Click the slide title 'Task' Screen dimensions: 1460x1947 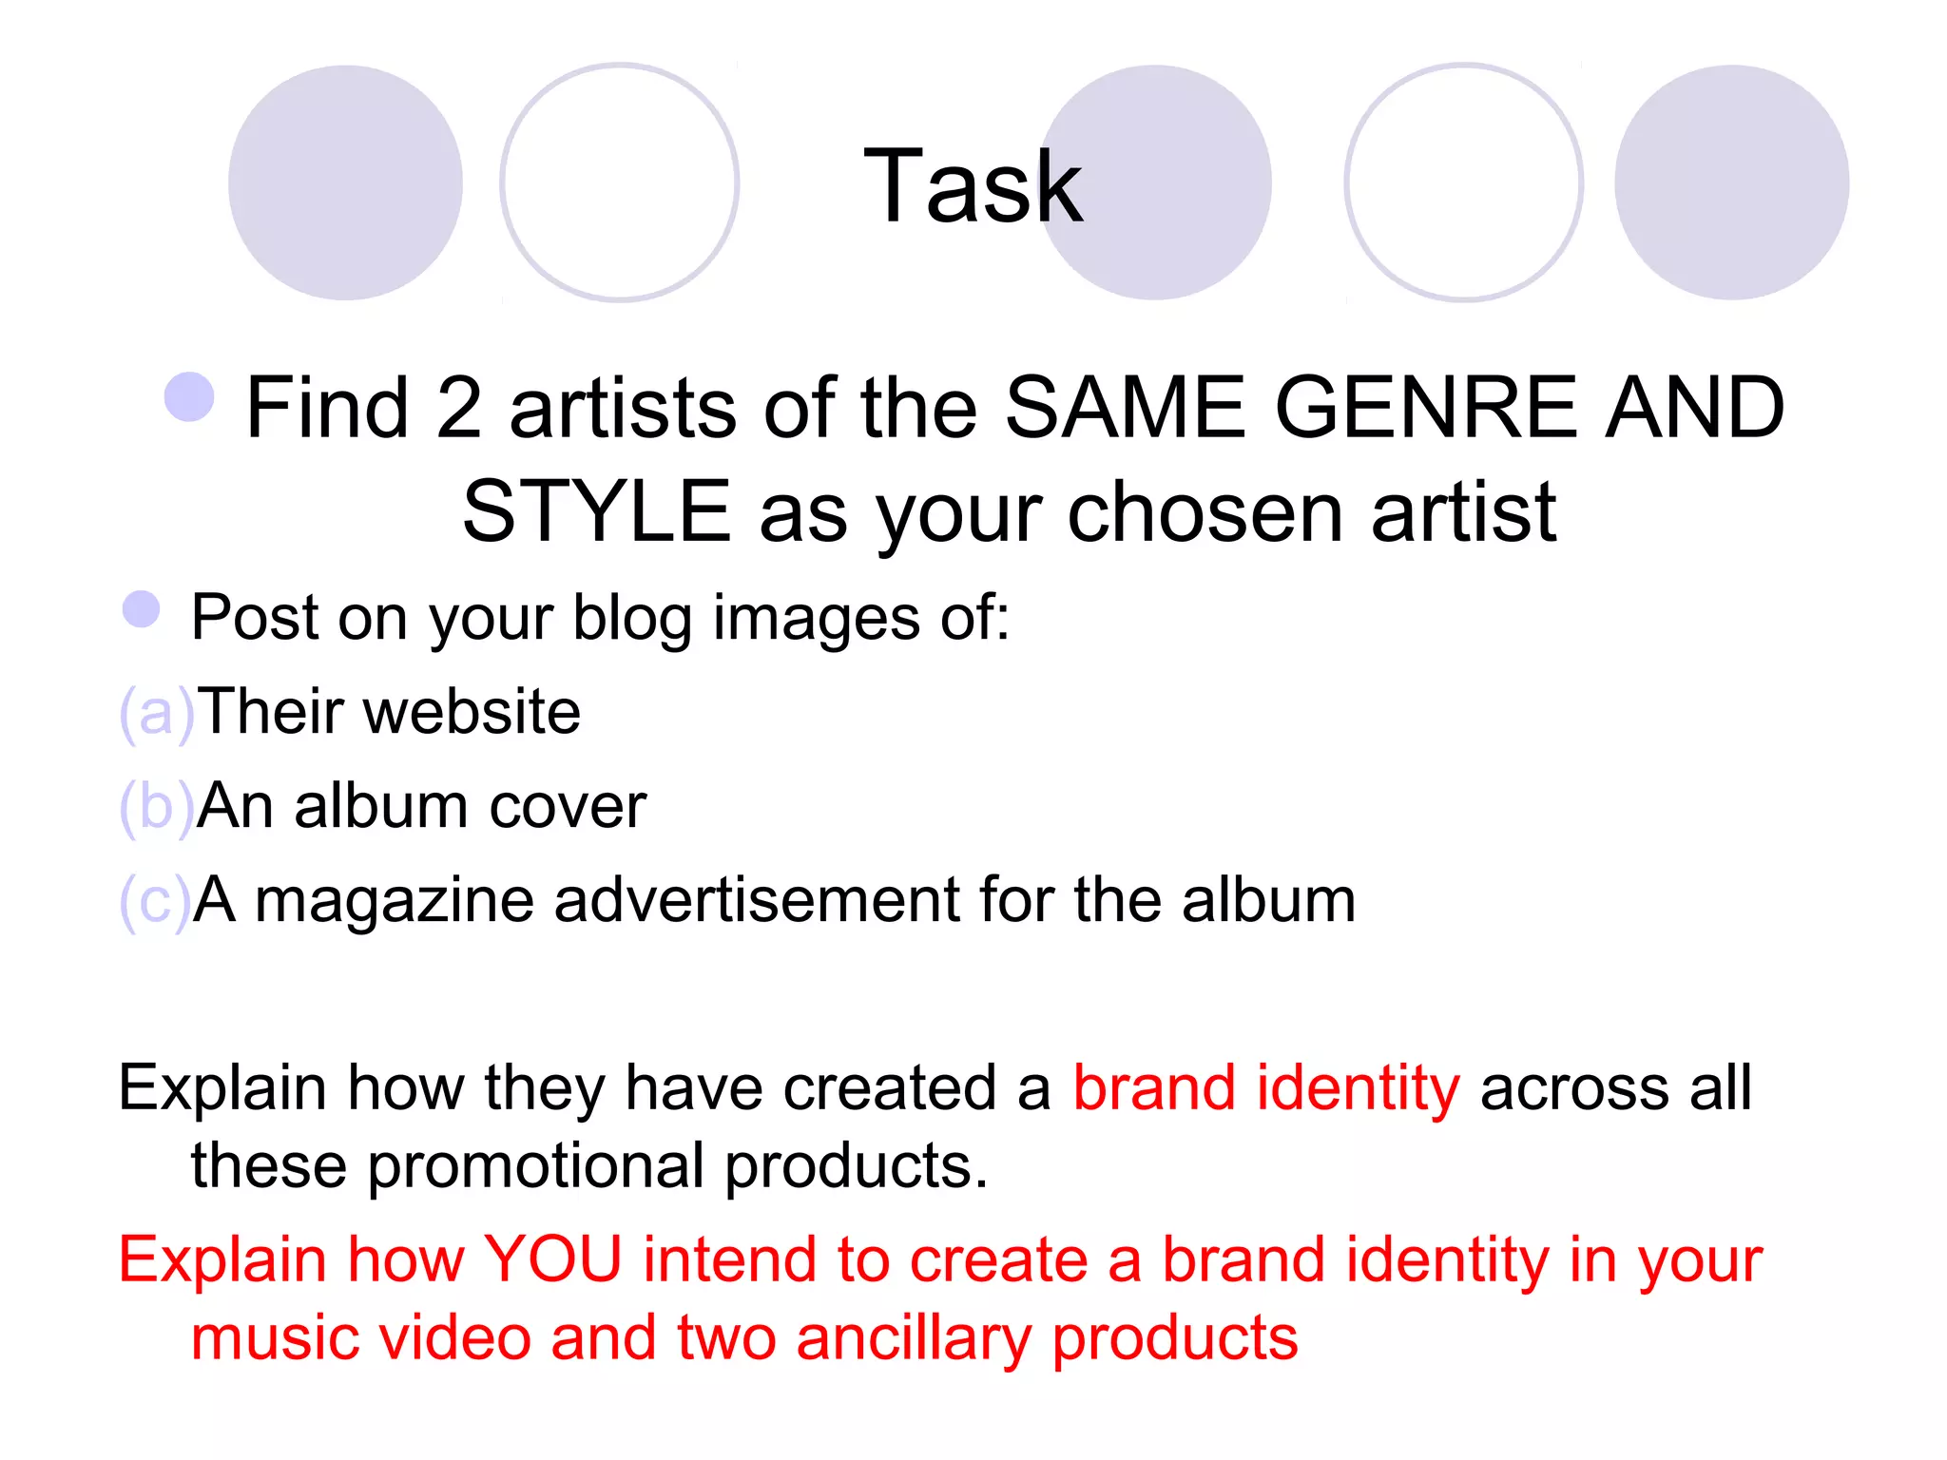point(973,186)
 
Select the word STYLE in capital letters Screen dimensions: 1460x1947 point(596,512)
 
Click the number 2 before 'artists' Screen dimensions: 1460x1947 point(459,408)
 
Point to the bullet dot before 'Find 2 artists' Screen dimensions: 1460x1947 point(189,396)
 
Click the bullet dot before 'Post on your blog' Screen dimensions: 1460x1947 point(142,609)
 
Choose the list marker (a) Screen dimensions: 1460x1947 point(157,713)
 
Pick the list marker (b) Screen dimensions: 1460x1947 point(157,807)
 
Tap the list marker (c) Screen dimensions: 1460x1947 point(155,901)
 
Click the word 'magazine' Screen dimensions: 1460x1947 point(395,901)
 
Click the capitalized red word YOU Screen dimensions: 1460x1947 point(552,1259)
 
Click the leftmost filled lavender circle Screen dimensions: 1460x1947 point(345,182)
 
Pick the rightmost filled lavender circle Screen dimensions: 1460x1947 point(1731,182)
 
